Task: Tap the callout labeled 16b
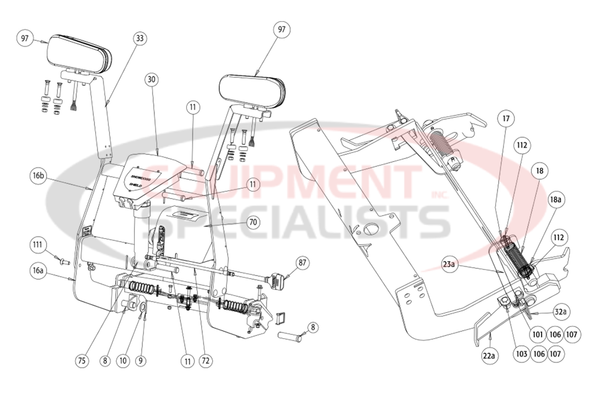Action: click(39, 175)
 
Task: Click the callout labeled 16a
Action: click(39, 270)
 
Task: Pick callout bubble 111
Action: click(39, 245)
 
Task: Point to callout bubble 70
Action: click(253, 223)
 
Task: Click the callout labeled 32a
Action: click(560, 311)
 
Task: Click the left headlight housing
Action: click(80, 52)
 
